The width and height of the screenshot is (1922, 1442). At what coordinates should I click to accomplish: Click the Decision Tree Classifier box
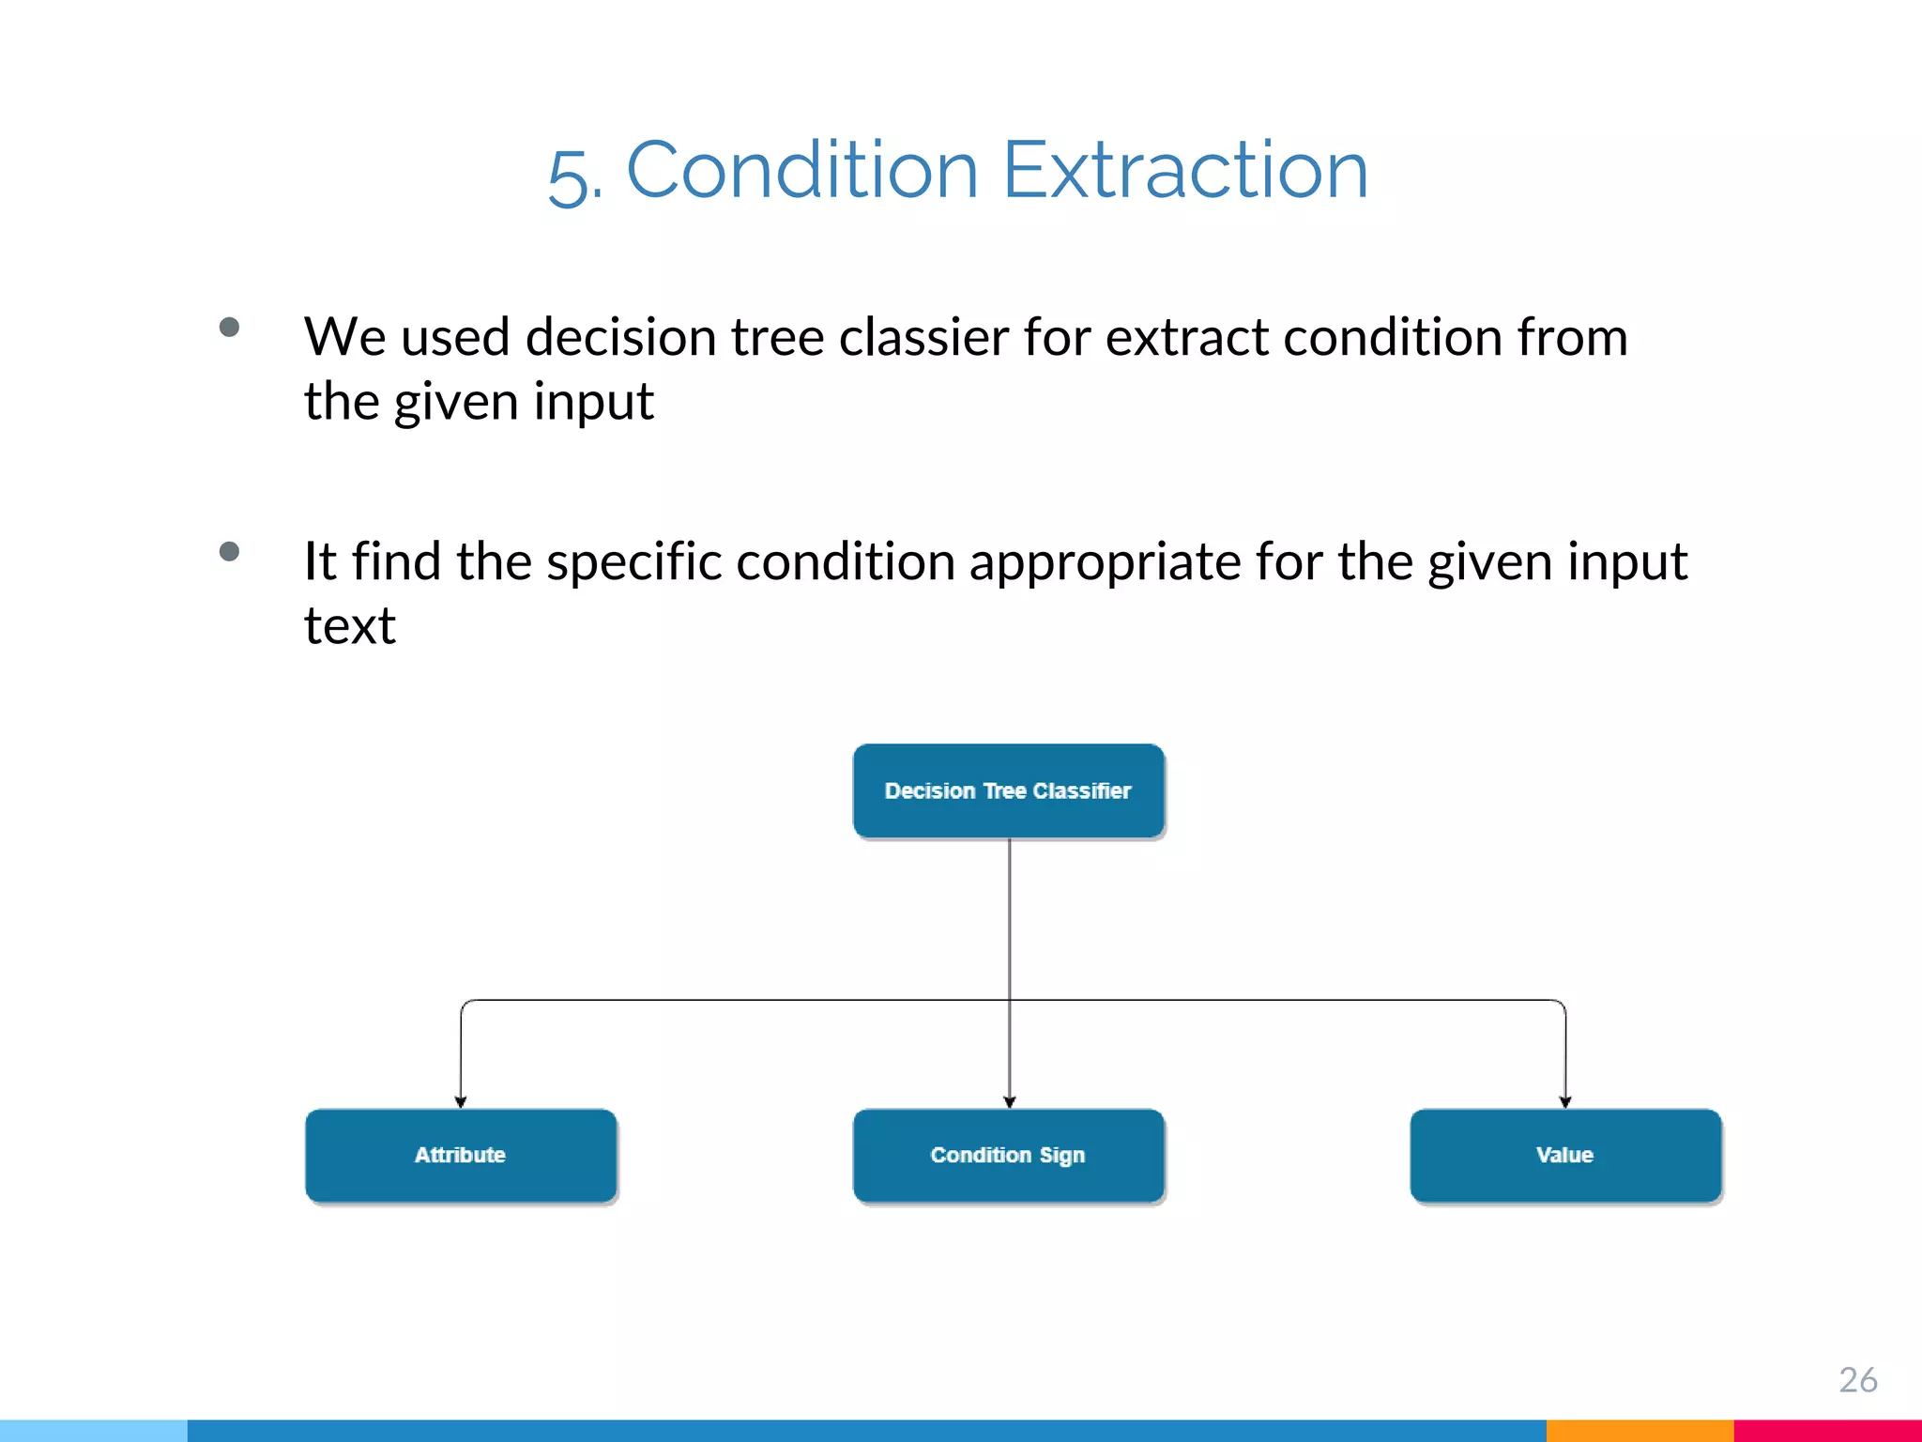1008,790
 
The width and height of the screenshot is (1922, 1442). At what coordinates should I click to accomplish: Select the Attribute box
460,1155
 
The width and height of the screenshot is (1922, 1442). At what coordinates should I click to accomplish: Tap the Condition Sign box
1008,1155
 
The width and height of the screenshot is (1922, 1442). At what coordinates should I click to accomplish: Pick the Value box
1564,1155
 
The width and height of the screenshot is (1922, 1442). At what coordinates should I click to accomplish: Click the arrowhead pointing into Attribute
461,1101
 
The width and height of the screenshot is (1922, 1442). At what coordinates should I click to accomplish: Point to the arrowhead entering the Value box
1565,1101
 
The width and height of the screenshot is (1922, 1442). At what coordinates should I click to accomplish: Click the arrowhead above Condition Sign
1010,1101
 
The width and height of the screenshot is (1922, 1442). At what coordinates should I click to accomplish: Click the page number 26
1857,1379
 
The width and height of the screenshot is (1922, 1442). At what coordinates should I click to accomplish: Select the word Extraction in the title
1185,171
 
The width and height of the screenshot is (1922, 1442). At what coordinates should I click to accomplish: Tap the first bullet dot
229,328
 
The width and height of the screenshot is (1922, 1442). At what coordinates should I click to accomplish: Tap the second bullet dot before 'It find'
229,551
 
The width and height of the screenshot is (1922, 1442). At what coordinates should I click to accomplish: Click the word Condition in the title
802,171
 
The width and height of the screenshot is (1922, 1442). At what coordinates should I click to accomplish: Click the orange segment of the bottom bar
1639,1431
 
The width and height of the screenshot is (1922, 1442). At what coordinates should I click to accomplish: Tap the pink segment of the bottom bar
1826,1431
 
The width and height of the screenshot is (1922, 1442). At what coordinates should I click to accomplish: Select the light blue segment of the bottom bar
94,1431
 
